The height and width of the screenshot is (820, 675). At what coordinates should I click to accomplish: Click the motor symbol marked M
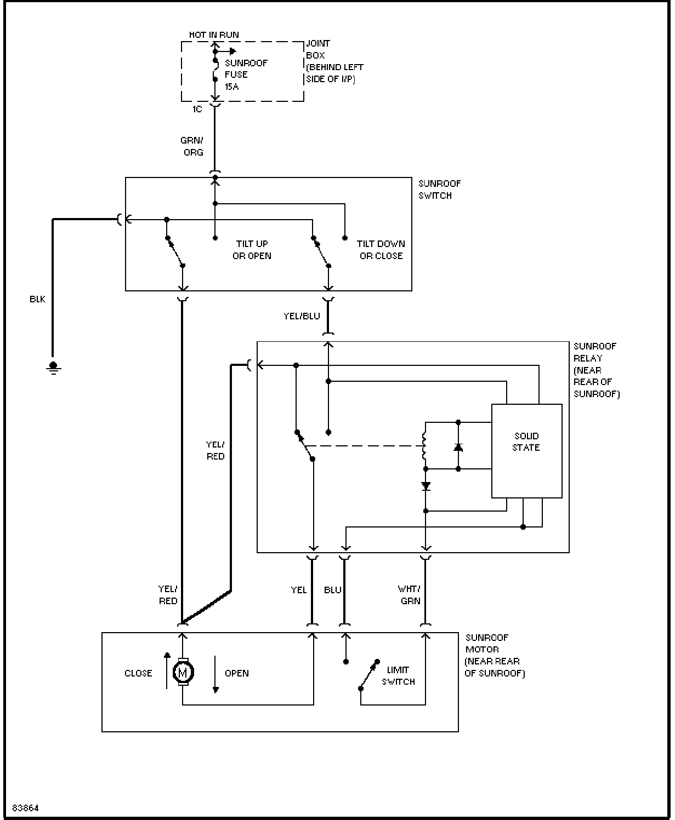[x=183, y=672]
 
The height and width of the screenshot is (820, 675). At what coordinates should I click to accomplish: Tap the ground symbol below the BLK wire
[x=53, y=368]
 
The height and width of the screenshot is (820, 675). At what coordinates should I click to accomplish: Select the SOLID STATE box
[x=527, y=451]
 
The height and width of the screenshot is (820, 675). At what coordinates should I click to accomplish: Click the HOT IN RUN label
[x=214, y=35]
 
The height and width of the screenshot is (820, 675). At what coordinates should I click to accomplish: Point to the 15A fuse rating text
[x=231, y=87]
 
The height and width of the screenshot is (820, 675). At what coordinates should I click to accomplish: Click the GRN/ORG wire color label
[x=192, y=146]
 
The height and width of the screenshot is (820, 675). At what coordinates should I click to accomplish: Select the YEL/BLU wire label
[x=302, y=316]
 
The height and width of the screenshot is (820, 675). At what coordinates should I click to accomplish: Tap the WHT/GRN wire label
[x=409, y=595]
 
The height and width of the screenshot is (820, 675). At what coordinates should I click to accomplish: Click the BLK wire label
[x=37, y=299]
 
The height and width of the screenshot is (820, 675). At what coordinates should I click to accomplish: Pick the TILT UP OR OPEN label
[x=252, y=250]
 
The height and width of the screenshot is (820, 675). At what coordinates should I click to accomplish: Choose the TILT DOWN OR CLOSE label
[x=381, y=250]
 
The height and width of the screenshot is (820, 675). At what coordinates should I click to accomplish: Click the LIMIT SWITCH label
[x=398, y=676]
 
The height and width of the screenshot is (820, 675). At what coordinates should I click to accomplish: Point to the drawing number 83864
[x=26, y=808]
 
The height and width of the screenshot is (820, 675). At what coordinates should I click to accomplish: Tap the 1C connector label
[x=197, y=109]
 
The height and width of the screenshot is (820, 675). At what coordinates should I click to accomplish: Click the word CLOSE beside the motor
[x=138, y=673]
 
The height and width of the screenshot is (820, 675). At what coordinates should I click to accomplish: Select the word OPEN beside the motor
[x=237, y=673]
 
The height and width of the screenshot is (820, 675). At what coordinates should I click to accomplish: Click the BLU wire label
[x=332, y=590]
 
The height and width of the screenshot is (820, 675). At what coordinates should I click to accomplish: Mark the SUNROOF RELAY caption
[x=597, y=370]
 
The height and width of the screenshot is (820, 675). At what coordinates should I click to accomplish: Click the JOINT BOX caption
[x=335, y=61]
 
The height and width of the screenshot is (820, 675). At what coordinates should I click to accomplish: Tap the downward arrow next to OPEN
[x=215, y=675]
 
